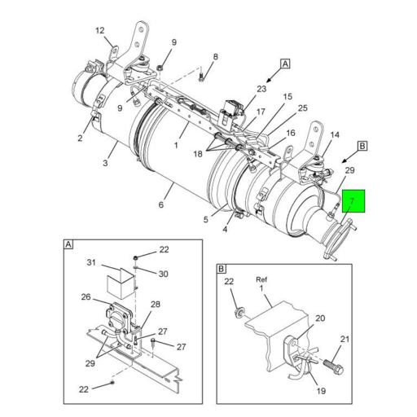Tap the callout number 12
[99, 31]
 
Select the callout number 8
[215, 57]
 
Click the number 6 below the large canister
[161, 204]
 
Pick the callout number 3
[105, 163]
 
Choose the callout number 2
[80, 138]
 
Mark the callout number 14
[335, 135]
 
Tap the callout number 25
[302, 108]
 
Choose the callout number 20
[320, 318]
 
